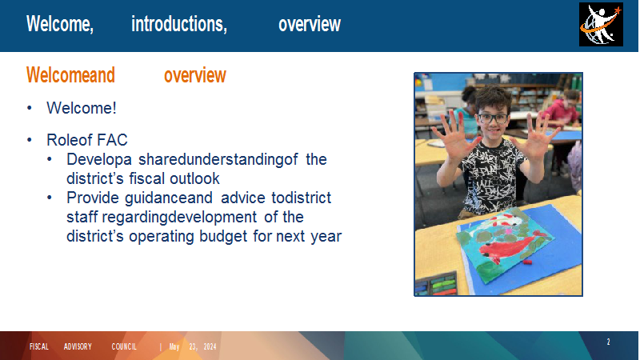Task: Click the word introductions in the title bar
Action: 178,24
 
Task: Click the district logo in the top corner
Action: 601,25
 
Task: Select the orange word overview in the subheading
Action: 194,75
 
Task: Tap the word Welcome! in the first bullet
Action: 82,108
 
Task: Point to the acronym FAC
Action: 112,140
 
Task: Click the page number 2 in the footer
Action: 608,342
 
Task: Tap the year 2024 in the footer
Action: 210,347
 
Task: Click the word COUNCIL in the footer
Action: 124,347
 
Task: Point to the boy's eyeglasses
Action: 493,118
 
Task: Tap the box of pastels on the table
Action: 436,284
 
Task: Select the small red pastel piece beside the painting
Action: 527,262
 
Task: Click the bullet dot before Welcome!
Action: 30,108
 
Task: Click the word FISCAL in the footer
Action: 38,347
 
